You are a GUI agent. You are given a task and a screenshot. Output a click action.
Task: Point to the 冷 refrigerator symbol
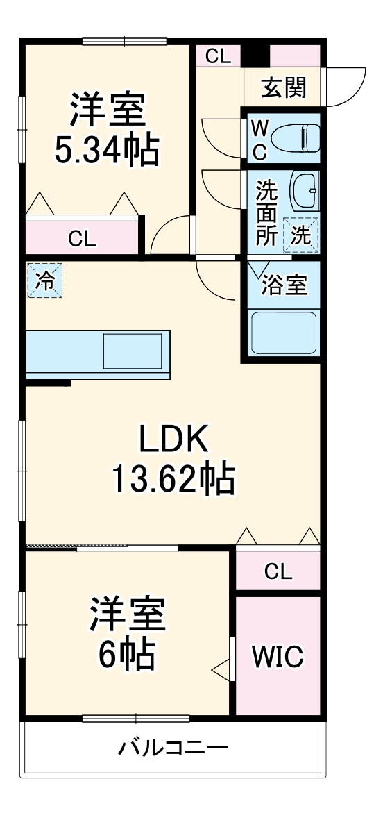[x=44, y=280]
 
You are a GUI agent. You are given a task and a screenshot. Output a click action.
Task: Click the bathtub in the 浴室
[x=283, y=333]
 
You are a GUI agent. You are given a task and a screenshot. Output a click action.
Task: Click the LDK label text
[x=173, y=439]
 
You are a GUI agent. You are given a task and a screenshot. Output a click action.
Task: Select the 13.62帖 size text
[x=173, y=478]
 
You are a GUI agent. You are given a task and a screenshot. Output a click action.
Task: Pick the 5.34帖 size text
[x=107, y=150]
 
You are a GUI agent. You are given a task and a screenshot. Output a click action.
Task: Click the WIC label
[x=278, y=655]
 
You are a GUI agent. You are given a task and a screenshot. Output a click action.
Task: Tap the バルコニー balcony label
[x=173, y=748]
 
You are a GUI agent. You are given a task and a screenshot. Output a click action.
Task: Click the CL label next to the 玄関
[x=219, y=57]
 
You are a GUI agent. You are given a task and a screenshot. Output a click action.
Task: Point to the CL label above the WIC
[x=278, y=572]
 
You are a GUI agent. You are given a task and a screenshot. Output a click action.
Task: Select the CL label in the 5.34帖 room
[x=83, y=240]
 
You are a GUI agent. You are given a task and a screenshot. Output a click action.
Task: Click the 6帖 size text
[x=126, y=653]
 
